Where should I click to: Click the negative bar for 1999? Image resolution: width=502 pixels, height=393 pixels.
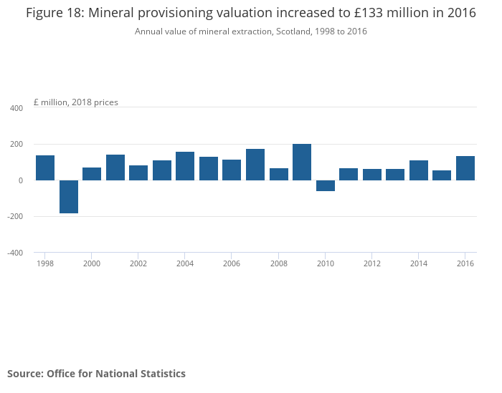(x=69, y=197)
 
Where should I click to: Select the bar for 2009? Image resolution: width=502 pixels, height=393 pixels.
(x=302, y=162)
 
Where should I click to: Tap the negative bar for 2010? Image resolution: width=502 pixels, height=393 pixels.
(x=326, y=185)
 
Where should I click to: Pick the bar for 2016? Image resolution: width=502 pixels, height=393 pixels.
(x=465, y=168)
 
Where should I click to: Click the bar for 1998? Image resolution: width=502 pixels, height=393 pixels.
(x=45, y=168)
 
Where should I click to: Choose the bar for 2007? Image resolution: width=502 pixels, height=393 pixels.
(x=255, y=165)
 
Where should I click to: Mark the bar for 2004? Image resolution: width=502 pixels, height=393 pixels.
(x=185, y=166)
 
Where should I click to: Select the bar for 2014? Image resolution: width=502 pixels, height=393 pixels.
(x=419, y=170)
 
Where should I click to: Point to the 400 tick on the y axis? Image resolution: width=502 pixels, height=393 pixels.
(x=16, y=108)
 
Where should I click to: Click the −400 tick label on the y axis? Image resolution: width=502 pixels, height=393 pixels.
(x=14, y=253)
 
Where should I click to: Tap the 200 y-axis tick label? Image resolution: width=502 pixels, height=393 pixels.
(x=16, y=145)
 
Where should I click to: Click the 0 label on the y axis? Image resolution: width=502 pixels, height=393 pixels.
(x=21, y=180)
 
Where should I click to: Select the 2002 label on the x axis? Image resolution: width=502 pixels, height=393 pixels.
(x=138, y=263)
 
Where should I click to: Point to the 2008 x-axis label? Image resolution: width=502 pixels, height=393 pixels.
(x=278, y=263)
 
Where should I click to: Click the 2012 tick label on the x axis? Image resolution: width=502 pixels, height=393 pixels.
(x=372, y=263)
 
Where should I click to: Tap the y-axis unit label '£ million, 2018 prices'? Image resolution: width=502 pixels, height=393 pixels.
(x=76, y=102)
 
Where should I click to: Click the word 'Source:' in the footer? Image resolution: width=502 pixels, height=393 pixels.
(x=25, y=374)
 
